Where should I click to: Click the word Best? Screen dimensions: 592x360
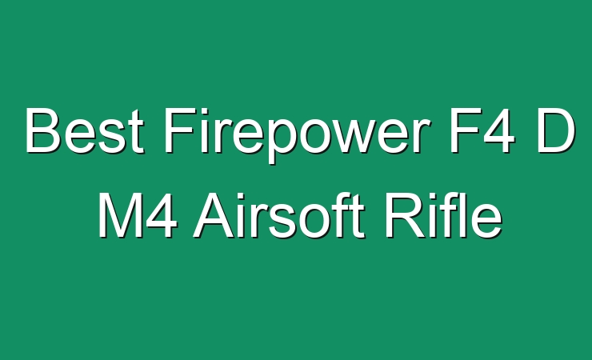85,130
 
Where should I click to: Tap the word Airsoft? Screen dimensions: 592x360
278,214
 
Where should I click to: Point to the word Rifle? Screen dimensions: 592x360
444,214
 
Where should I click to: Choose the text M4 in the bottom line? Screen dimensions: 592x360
138,215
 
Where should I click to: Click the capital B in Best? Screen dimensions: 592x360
43,130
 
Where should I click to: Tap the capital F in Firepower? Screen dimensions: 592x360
181,130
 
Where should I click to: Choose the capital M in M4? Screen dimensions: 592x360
119,215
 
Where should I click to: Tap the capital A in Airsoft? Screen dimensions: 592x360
214,215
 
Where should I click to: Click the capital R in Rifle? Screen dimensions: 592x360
405,215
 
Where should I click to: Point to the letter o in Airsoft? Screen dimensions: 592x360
316,222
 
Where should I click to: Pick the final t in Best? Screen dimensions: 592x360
137,134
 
